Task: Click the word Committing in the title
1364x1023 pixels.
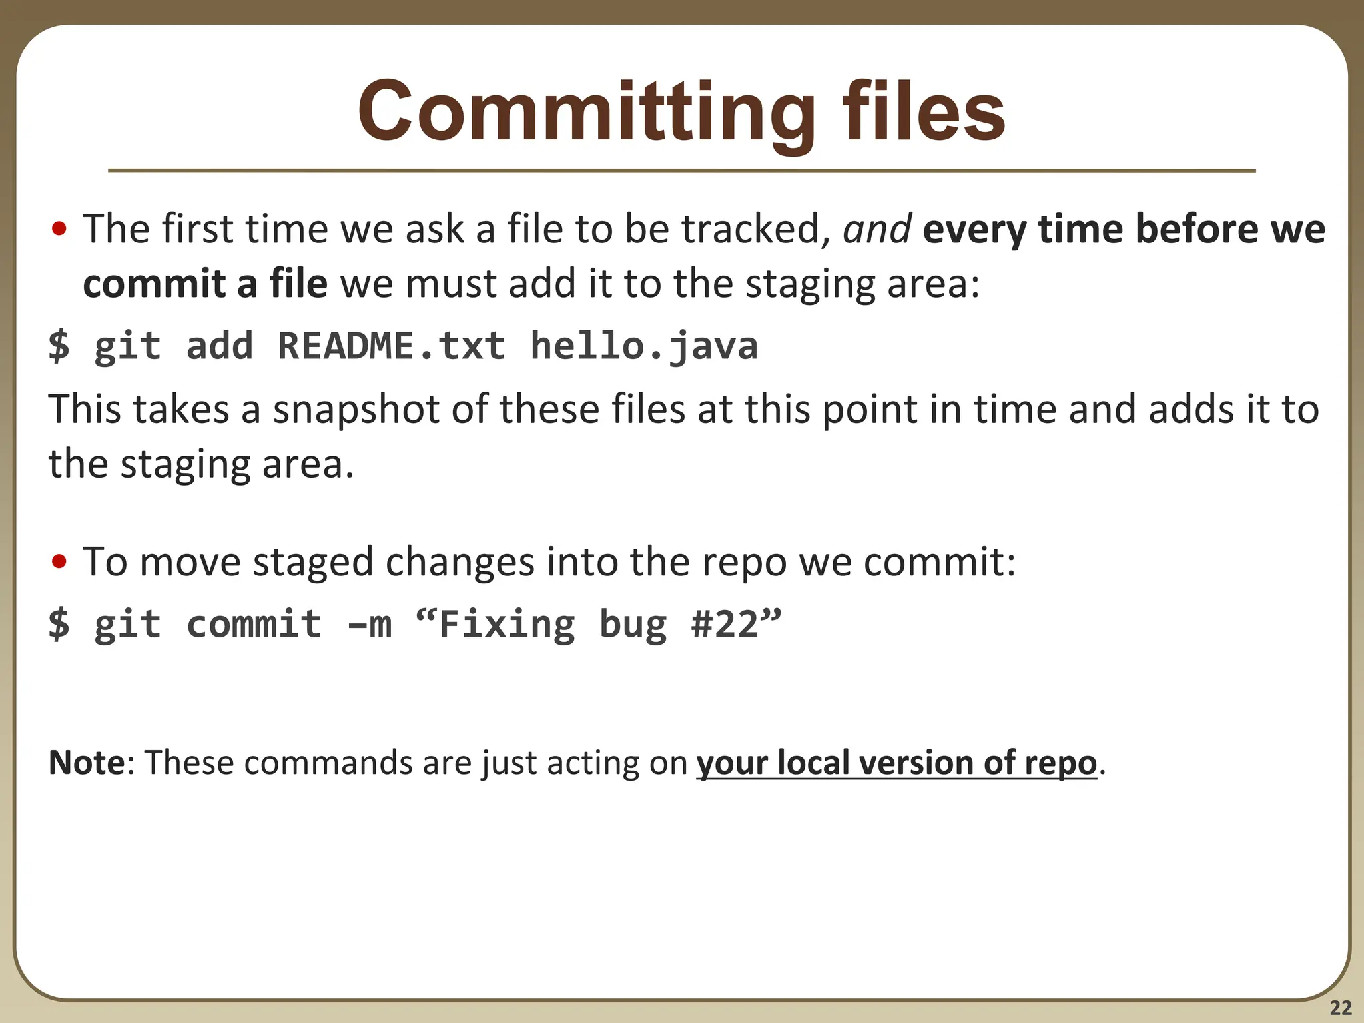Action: click(x=586, y=112)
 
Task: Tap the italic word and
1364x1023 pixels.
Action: click(x=876, y=229)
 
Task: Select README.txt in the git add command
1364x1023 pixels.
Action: click(x=392, y=346)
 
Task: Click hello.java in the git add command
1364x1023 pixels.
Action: click(x=644, y=346)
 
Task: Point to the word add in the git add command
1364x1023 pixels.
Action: click(x=220, y=346)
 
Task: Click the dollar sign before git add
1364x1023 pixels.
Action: click(x=59, y=346)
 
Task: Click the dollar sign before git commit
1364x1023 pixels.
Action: click(x=59, y=624)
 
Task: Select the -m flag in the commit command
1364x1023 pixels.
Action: click(x=370, y=624)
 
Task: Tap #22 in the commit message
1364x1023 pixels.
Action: click(x=725, y=624)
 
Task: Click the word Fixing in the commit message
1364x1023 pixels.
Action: click(x=507, y=624)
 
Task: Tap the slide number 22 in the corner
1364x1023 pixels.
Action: click(x=1341, y=1008)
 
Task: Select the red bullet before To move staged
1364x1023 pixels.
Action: click(x=59, y=562)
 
